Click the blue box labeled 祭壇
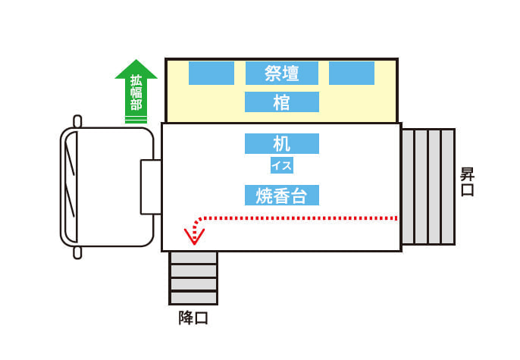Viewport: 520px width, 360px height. click(x=282, y=73)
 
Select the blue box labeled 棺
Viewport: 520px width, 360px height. click(x=282, y=102)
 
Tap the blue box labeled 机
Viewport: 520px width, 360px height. click(x=282, y=143)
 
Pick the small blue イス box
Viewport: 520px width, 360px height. click(x=282, y=165)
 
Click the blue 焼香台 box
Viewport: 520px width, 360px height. click(x=282, y=196)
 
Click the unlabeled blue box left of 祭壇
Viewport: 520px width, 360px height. click(x=211, y=73)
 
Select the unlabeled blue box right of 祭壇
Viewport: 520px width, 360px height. click(x=352, y=73)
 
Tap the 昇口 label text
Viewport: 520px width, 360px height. click(x=467, y=182)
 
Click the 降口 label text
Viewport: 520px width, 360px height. click(x=193, y=318)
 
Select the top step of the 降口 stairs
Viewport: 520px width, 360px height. click(x=193, y=258)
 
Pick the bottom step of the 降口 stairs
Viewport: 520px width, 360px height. click(x=193, y=298)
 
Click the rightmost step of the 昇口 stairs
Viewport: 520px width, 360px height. click(x=448, y=187)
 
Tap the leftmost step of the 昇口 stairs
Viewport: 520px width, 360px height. click(x=408, y=187)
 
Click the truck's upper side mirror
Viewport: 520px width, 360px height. click(x=77, y=121)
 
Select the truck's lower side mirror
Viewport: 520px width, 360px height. click(x=77, y=252)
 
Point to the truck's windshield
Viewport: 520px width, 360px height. click(x=71, y=186)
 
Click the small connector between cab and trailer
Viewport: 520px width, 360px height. click(x=151, y=187)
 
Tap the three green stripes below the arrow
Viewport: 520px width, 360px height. click(x=136, y=119)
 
